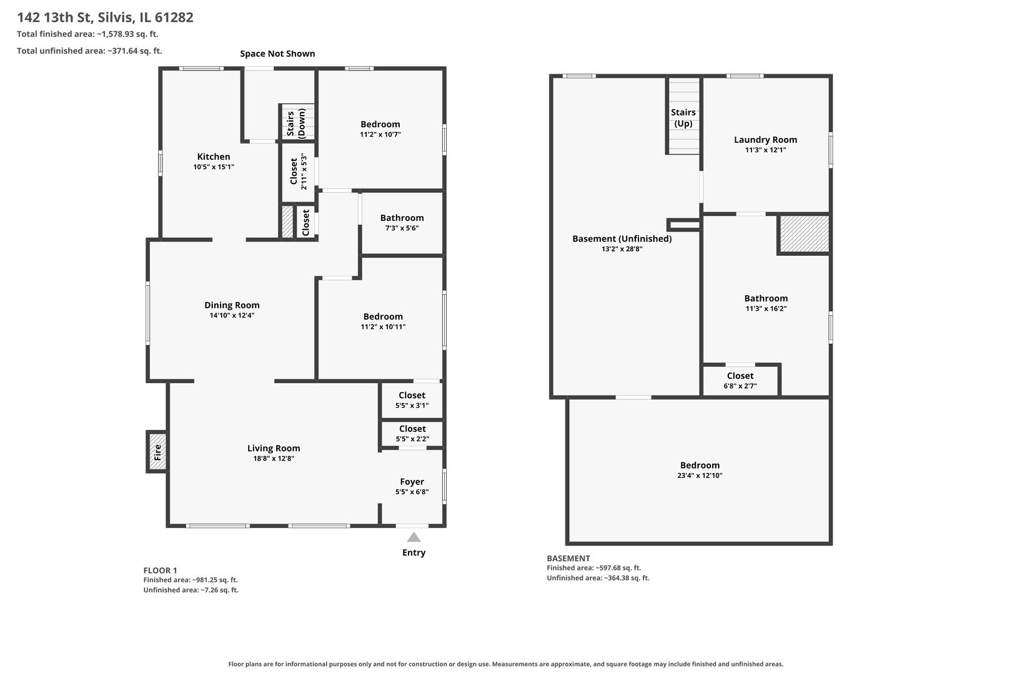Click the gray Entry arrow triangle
414,537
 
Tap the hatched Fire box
157,452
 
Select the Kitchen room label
214,157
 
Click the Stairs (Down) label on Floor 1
296,123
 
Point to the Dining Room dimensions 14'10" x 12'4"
232,316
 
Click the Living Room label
274,448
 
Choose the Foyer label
412,482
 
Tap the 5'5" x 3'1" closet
412,400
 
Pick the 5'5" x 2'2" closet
412,433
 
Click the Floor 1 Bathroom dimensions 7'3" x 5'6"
402,228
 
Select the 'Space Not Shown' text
277,54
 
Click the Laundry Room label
765,140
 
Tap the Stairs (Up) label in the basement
683,118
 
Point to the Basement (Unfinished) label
622,239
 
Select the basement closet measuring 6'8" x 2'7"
740,381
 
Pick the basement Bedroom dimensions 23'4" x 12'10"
700,476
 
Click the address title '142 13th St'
74,17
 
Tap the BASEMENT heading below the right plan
568,559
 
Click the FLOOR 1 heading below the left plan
161,570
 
